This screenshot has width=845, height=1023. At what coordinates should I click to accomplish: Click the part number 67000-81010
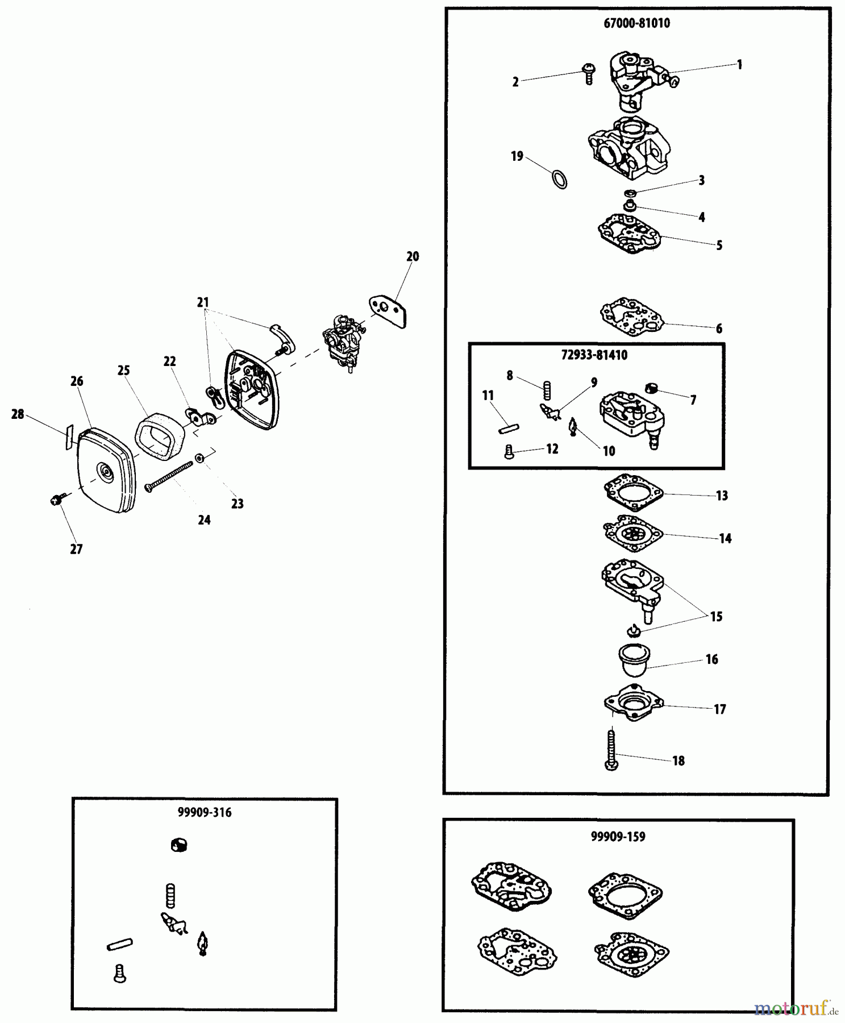[x=636, y=23]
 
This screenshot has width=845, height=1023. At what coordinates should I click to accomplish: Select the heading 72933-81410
[x=594, y=355]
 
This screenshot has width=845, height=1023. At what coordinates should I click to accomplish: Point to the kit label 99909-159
[x=618, y=837]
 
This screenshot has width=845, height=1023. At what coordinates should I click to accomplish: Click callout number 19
[x=517, y=156]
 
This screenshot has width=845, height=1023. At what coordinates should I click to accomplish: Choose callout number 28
[x=18, y=414]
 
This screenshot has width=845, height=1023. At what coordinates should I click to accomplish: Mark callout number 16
[x=712, y=659]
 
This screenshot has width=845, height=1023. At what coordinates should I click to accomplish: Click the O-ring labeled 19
[x=560, y=179]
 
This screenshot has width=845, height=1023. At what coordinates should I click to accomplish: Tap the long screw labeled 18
[x=612, y=750]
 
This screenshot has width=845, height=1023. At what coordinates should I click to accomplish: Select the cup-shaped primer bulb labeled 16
[x=631, y=660]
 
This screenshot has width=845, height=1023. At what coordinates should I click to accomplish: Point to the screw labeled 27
[x=55, y=500]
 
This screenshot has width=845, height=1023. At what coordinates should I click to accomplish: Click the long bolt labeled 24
[x=169, y=476]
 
